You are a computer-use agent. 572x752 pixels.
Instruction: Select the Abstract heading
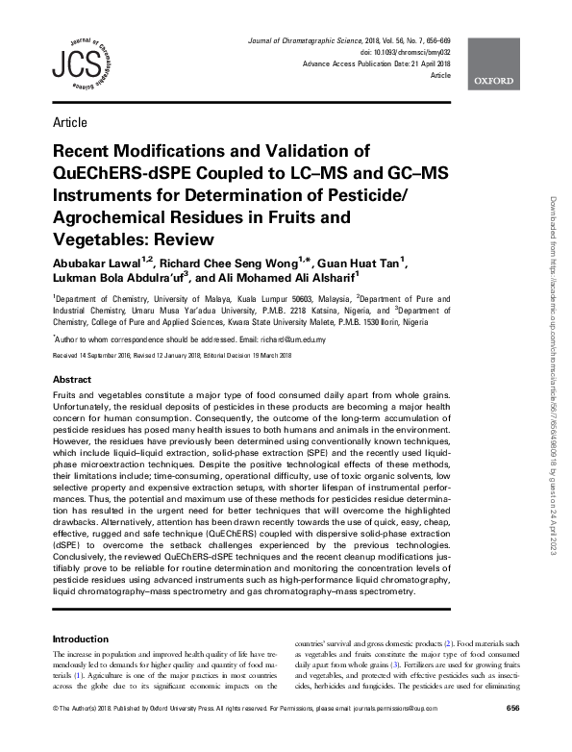click(72, 379)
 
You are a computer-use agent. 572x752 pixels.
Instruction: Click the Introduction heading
click(80, 639)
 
